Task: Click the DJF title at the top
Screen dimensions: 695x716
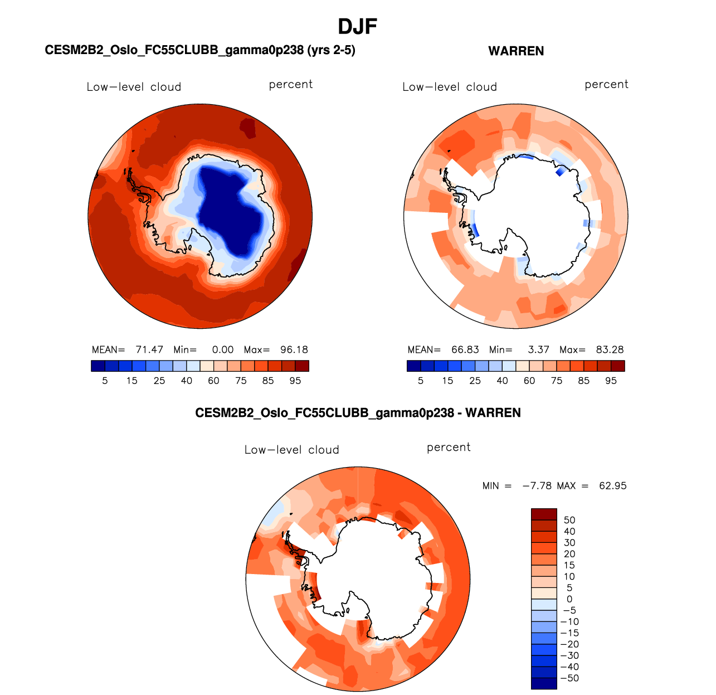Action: pyautogui.click(x=358, y=26)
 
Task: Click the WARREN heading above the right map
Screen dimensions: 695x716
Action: pyautogui.click(x=516, y=51)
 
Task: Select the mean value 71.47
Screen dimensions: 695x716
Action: pyautogui.click(x=149, y=350)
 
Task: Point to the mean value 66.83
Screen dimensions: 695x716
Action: pyautogui.click(x=465, y=350)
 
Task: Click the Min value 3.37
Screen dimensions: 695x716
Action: pyautogui.click(x=538, y=350)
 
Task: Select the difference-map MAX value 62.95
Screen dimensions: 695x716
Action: pyautogui.click(x=613, y=486)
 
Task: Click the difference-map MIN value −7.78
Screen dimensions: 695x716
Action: pyautogui.click(x=537, y=486)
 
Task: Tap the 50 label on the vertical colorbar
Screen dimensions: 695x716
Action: pyautogui.click(x=569, y=521)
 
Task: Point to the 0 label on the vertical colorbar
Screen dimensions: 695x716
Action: pyautogui.click(x=569, y=599)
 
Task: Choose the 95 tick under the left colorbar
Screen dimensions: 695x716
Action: pyautogui.click(x=295, y=381)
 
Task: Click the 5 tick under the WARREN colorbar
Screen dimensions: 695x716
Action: pyautogui.click(x=421, y=381)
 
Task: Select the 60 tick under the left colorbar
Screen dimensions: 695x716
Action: pyautogui.click(x=213, y=381)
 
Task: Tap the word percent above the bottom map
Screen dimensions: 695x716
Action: pyautogui.click(x=449, y=448)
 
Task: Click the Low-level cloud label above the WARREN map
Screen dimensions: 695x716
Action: pyautogui.click(x=450, y=87)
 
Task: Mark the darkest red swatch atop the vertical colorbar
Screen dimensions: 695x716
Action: pyautogui.click(x=544, y=514)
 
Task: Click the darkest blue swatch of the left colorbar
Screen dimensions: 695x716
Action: pyautogui.click(x=98, y=366)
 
